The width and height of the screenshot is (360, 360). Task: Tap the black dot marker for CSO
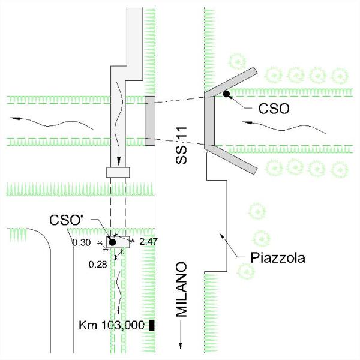226,94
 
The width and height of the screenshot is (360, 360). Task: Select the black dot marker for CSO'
112,242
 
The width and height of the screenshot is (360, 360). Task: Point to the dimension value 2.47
147,241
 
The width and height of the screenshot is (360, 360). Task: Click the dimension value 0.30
81,242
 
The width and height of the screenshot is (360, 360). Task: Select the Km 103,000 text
112,326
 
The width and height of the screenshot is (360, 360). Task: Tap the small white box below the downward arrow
118,172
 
